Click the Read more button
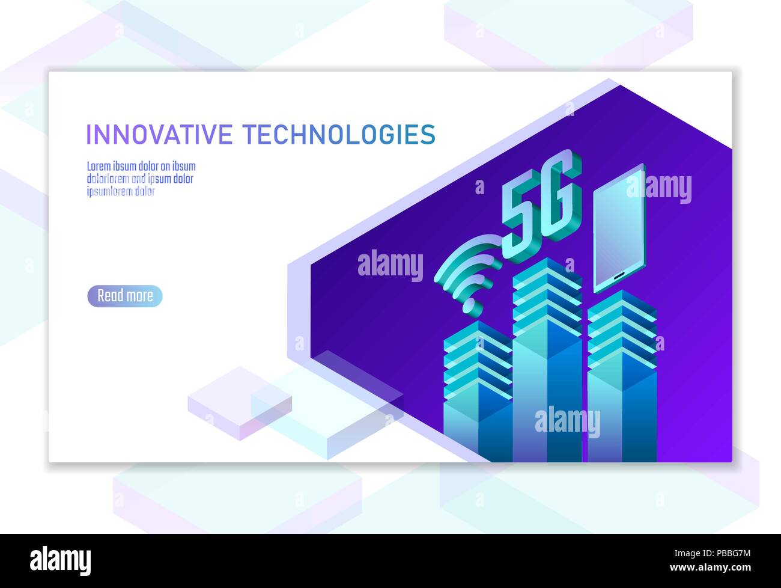(125, 296)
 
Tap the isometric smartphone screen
(619, 228)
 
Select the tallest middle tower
(547, 361)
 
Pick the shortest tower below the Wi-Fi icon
(478, 391)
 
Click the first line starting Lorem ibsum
(141, 167)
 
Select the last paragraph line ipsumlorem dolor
(121, 192)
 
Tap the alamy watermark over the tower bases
(567, 421)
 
